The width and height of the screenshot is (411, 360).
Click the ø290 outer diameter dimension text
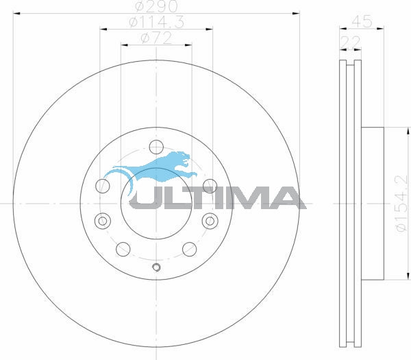(x=156, y=6)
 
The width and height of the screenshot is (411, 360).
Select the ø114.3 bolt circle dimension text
(x=156, y=23)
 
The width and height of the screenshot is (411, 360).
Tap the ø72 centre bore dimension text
(x=156, y=38)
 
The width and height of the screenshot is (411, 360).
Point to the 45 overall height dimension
(x=362, y=22)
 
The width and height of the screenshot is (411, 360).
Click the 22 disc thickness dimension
(x=350, y=43)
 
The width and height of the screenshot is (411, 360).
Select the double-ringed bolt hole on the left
(x=103, y=221)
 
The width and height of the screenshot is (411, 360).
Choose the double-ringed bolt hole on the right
(x=209, y=221)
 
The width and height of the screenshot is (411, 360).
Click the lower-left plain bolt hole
(x=123, y=248)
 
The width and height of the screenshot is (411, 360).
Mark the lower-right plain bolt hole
(x=189, y=248)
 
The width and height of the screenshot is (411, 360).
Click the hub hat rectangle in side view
(x=373, y=204)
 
